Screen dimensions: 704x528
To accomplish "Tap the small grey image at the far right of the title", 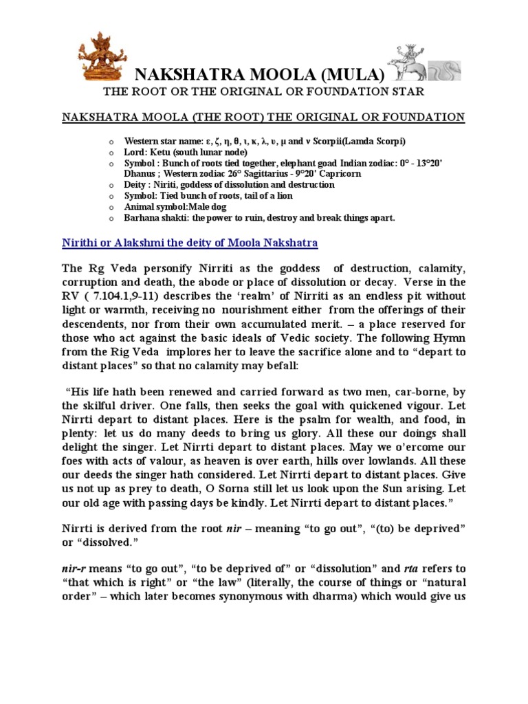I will (x=444, y=71).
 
